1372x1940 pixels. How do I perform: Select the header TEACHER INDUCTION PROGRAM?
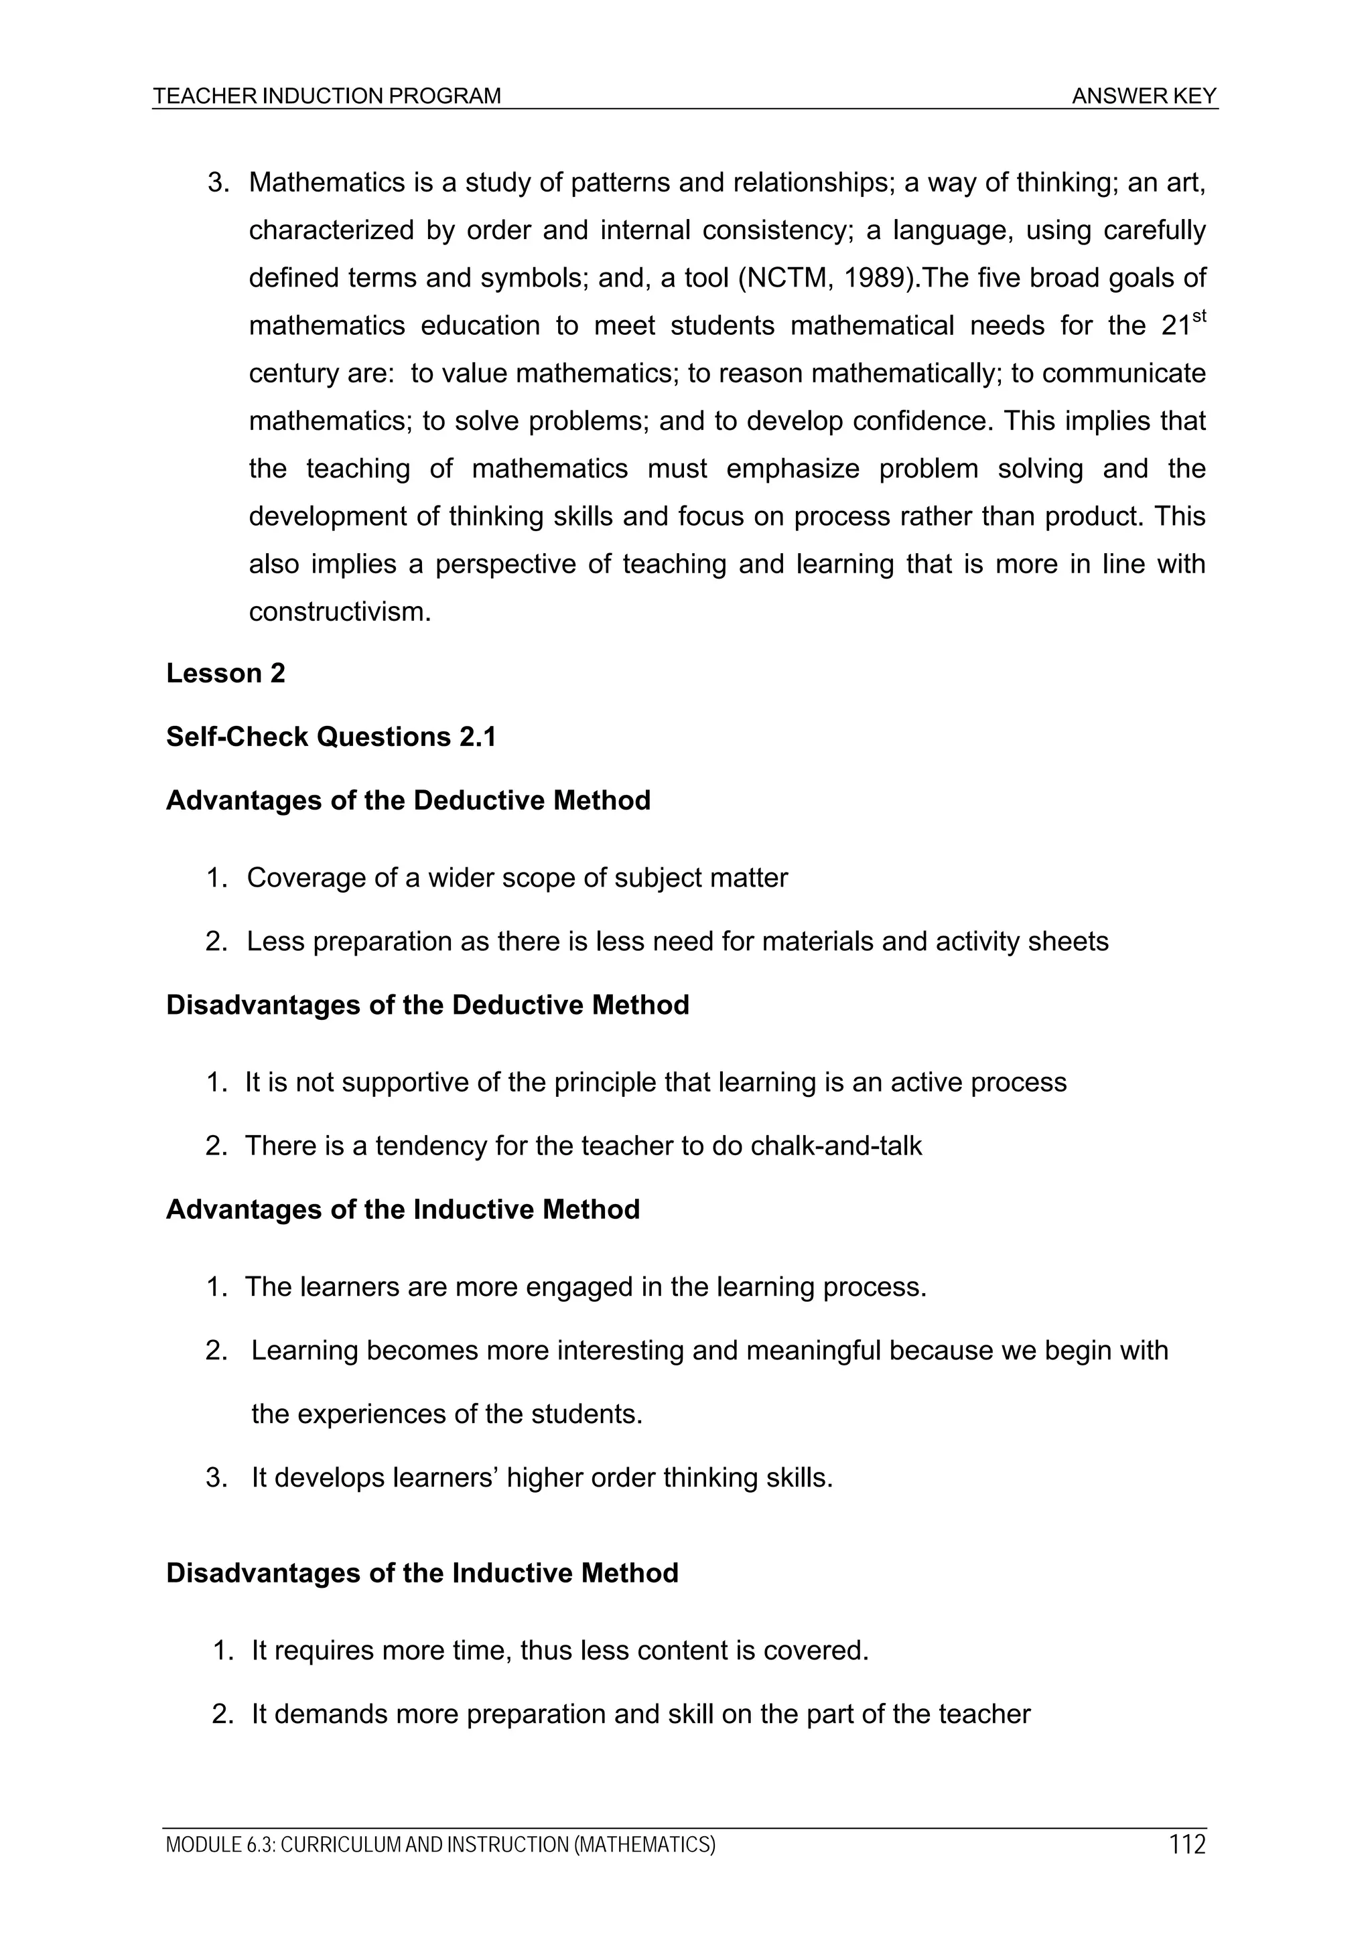coord(327,96)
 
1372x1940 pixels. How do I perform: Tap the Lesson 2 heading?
coord(226,674)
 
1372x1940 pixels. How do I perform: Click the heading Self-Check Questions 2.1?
coord(330,737)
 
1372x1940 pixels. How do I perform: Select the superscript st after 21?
coord(1198,316)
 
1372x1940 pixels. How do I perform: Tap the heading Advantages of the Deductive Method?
coord(408,800)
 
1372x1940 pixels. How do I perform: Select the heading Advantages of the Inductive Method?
coord(403,1209)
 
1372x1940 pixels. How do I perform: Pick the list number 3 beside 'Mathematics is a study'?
coord(217,183)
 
